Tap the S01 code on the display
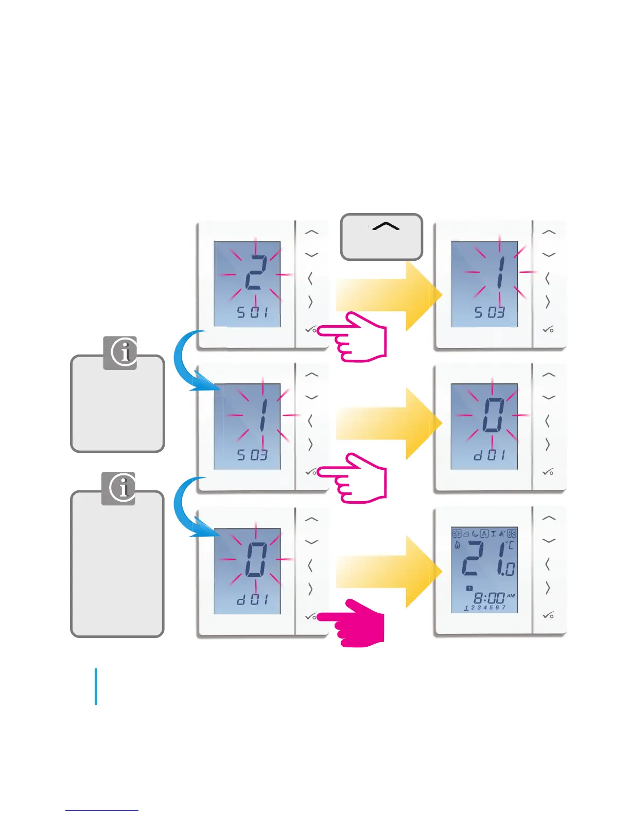coord(252,312)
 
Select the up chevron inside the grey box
coord(386,226)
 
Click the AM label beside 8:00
coord(511,595)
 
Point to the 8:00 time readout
coord(488,598)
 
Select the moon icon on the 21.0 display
coord(475,534)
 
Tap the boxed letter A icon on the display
coord(484,534)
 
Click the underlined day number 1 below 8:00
coord(466,608)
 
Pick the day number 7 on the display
coord(503,608)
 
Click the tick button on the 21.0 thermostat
coord(548,615)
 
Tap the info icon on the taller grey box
coord(119,488)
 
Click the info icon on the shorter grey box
coord(120,353)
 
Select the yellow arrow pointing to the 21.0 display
coord(389,571)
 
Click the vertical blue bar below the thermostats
coord(96,686)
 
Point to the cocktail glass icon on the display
coord(493,534)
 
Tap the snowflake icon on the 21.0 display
coord(512,534)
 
